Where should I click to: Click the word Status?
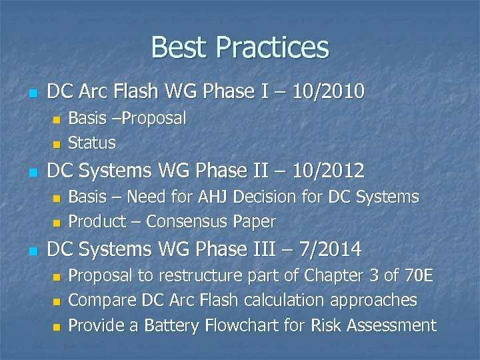click(x=92, y=143)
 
